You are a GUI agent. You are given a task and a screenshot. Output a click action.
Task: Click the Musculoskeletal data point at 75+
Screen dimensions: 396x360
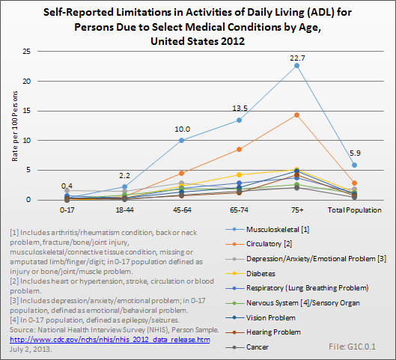click(296, 66)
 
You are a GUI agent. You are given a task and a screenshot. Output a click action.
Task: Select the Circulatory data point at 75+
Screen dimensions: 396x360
click(296, 115)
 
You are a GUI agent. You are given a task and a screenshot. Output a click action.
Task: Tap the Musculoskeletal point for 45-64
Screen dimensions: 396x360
click(182, 141)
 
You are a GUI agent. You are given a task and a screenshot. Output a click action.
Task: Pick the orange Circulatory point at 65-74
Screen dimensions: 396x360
click(239, 150)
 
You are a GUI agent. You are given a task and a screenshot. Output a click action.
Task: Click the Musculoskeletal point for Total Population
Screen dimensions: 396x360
click(354, 165)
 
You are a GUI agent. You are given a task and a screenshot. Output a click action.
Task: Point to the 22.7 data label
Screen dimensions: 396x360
click(297, 58)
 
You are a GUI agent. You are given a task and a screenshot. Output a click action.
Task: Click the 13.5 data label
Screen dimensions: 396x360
click(240, 109)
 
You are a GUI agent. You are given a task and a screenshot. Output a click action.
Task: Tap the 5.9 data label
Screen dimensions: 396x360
click(355, 153)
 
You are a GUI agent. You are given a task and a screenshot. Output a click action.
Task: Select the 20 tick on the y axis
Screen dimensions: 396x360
click(26, 82)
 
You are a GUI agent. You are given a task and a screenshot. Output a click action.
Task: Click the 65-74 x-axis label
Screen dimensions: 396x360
click(239, 210)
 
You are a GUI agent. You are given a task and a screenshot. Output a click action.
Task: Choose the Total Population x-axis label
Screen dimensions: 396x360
click(355, 210)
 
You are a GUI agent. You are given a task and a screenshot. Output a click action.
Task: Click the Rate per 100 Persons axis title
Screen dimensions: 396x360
click(15, 126)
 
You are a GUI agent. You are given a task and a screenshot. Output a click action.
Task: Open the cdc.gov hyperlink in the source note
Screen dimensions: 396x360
click(110, 340)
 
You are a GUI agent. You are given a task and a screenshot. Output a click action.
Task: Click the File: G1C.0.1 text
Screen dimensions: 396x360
click(352, 347)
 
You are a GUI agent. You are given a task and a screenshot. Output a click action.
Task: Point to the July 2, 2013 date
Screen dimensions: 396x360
click(31, 350)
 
